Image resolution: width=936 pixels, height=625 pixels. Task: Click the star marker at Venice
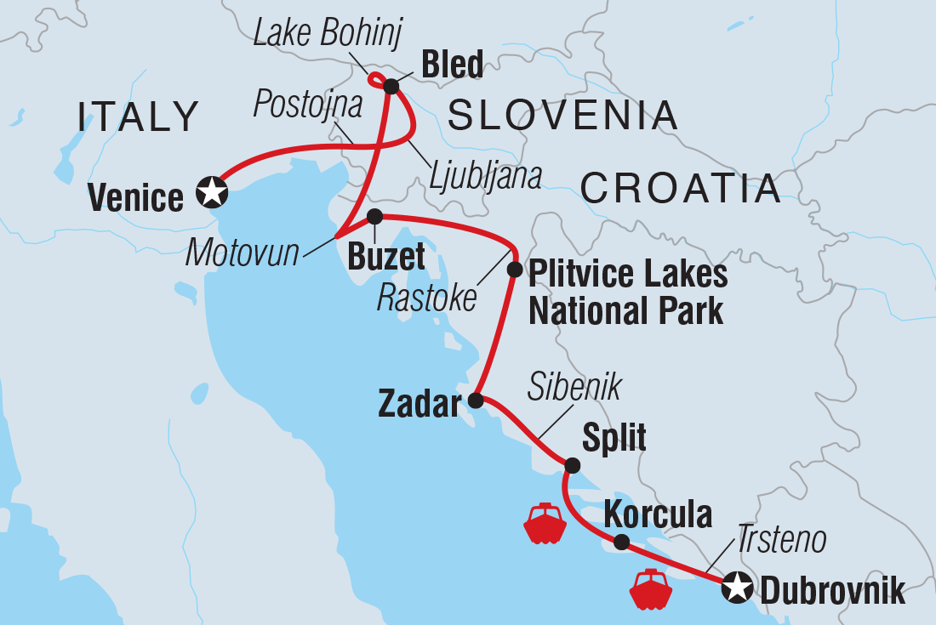click(211, 192)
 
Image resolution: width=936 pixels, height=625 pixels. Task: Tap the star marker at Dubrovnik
click(737, 588)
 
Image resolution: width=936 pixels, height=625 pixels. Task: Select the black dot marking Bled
click(391, 86)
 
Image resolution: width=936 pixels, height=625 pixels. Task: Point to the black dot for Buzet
click(374, 217)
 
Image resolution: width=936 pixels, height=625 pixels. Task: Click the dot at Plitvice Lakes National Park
click(514, 270)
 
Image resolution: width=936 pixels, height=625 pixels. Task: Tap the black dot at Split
click(573, 465)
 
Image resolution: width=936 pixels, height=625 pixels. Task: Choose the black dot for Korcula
click(622, 542)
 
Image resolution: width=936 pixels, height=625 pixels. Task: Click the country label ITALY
click(139, 116)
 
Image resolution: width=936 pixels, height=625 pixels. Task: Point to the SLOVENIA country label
click(563, 115)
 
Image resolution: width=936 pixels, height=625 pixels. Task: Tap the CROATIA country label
click(680, 188)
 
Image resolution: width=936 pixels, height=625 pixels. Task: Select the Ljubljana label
click(486, 176)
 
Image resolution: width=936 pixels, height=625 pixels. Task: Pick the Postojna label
click(308, 103)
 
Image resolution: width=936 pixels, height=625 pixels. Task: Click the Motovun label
click(243, 252)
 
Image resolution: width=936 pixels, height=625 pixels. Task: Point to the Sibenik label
click(574, 388)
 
